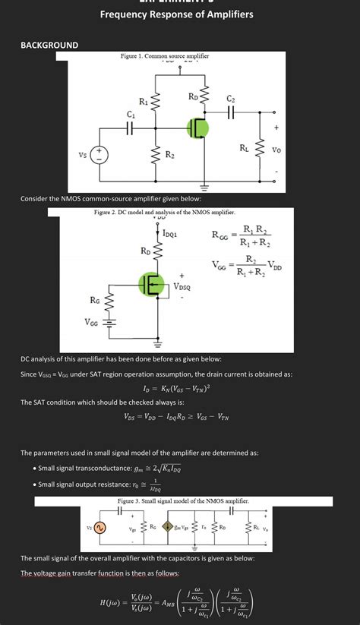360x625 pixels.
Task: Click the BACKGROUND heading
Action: click(x=49, y=46)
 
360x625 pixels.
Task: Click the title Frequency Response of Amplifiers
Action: click(x=176, y=14)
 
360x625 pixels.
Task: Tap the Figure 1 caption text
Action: click(x=165, y=57)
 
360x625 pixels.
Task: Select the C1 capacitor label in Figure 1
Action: click(x=131, y=115)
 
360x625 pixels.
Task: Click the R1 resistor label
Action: click(x=143, y=102)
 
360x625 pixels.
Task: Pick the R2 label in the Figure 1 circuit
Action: click(x=170, y=155)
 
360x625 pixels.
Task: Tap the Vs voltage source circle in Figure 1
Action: click(x=102, y=155)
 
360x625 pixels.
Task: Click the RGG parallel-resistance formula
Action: click(x=242, y=236)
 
